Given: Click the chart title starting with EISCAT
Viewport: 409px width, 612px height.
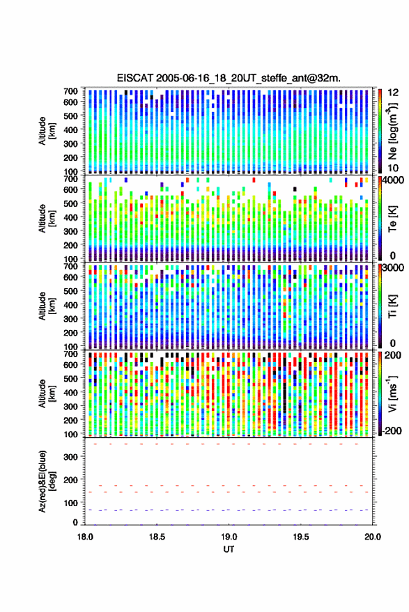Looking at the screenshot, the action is tap(229, 78).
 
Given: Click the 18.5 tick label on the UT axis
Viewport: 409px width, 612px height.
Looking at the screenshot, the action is tap(157, 537).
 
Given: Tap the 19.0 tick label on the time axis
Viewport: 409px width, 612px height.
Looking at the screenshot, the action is tap(229, 537).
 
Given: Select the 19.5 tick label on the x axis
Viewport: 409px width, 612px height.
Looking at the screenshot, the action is tap(301, 537).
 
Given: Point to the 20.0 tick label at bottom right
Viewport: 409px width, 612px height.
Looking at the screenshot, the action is tap(373, 537).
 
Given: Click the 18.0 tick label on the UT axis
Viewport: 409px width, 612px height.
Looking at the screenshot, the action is tap(85, 537).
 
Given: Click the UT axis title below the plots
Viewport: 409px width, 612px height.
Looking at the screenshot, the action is tap(229, 549).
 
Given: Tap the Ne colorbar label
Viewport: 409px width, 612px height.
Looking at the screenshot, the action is tap(392, 131).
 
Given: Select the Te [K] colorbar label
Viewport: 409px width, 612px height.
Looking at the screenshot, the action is tap(392, 219).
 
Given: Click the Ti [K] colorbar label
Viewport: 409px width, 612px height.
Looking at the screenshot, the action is tap(392, 306).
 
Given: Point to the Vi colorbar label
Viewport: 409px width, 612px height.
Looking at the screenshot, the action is tap(392, 393).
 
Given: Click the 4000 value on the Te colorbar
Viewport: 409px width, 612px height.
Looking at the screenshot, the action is tap(394, 181).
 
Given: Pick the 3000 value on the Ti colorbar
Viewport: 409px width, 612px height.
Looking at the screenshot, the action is tap(394, 268).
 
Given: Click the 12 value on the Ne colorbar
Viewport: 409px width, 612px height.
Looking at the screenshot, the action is tap(394, 93).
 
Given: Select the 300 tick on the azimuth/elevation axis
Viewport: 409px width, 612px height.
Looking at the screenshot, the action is tap(70, 457).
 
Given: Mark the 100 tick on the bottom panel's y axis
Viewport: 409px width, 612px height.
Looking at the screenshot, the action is tap(70, 503).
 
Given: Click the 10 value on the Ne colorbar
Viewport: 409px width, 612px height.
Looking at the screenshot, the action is tap(393, 168).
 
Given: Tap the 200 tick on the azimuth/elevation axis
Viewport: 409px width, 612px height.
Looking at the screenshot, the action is tap(70, 480).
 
